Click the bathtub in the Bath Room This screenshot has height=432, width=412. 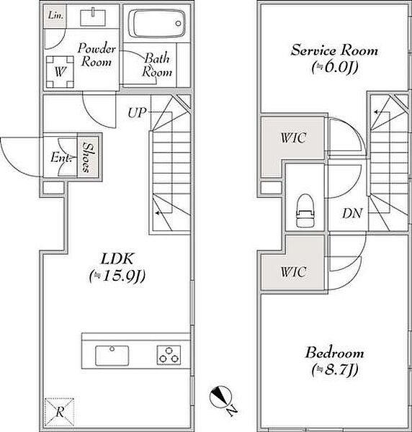(156, 24)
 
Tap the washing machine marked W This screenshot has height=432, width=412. (60, 72)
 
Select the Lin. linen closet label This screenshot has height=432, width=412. (56, 15)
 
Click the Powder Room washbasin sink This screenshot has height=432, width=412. (93, 18)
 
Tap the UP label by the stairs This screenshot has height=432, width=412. (137, 112)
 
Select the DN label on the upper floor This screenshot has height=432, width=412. (352, 214)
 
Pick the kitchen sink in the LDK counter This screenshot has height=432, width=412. (112, 356)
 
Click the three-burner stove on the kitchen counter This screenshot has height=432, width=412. (169, 355)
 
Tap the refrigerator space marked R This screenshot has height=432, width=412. (60, 412)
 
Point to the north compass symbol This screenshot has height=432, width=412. (220, 397)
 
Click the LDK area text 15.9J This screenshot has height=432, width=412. (117, 276)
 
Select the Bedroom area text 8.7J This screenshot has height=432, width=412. (334, 370)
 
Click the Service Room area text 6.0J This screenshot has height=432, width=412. (335, 67)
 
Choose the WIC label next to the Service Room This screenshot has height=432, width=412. (293, 138)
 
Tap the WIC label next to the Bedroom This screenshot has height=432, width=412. (293, 272)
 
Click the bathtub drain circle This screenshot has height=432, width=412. (179, 24)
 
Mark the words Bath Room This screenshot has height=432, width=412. (157, 66)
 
